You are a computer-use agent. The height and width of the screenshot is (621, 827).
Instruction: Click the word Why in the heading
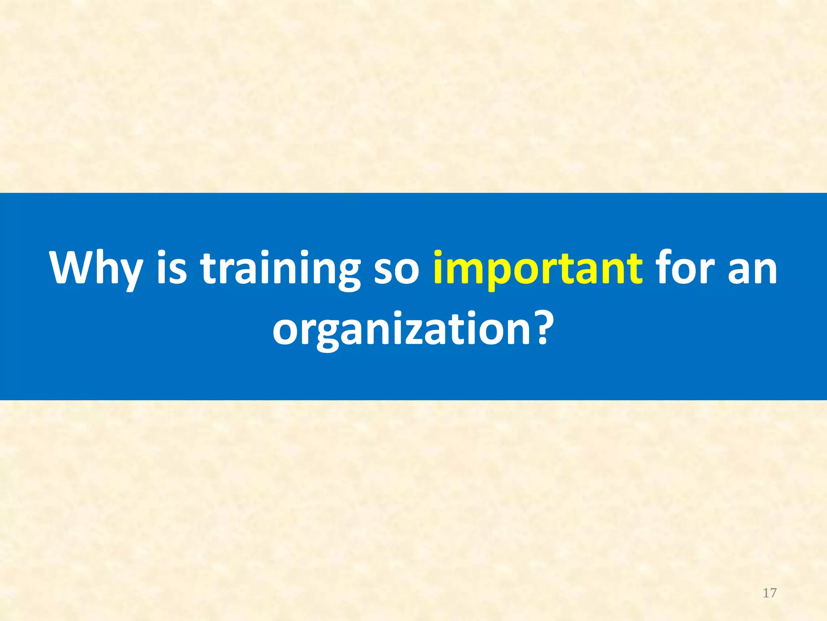96,268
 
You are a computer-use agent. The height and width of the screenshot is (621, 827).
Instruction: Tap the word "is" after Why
172,268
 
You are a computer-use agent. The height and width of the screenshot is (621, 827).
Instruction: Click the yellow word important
537,268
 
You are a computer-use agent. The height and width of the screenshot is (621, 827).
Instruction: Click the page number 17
770,593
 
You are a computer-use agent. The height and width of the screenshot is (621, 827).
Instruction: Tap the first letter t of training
209,268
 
